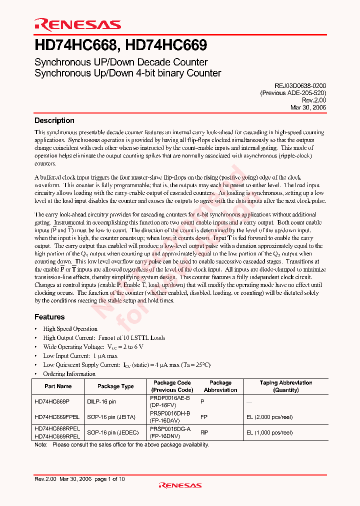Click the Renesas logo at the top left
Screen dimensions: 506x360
77,24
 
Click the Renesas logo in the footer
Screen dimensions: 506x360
180,485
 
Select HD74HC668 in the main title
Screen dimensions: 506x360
75,45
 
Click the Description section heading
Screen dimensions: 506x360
54,120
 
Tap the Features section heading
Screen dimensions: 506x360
49,317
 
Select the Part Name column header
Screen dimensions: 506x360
58,386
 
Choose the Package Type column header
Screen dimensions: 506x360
115,386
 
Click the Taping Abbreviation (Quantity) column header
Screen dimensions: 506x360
286,386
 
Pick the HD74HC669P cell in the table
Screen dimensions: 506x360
52,401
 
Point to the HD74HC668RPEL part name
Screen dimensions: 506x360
57,428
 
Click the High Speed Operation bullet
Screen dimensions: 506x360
70,329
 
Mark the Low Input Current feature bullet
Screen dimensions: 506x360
80,356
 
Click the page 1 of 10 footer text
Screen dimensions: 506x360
109,479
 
